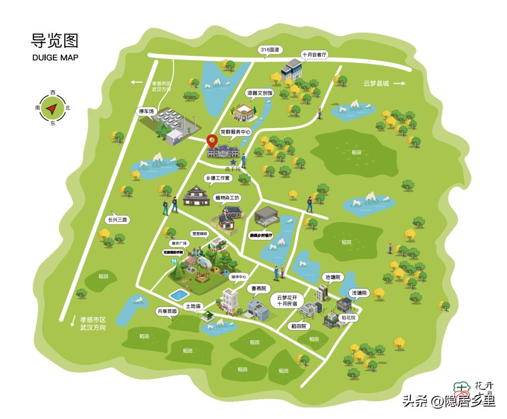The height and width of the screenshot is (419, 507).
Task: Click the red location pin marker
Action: [213, 140]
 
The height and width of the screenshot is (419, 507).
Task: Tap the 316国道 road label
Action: [269, 50]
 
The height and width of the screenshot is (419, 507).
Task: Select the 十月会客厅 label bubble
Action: [314, 54]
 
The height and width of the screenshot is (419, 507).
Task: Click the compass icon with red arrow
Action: [52, 108]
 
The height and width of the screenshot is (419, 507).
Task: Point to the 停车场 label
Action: [145, 112]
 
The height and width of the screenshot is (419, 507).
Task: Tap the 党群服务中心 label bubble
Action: [235, 132]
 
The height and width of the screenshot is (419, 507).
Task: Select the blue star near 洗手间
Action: [233, 162]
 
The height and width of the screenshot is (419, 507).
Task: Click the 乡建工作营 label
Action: [218, 178]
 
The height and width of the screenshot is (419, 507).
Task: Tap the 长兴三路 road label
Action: [117, 219]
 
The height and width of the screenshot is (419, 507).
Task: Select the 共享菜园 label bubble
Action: [167, 311]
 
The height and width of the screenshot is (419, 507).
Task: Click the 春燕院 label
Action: [257, 288]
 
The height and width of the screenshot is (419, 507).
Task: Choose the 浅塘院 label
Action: [361, 293]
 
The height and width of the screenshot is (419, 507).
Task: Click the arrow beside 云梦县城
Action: [399, 84]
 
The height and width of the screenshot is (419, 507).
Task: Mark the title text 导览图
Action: [54, 41]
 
